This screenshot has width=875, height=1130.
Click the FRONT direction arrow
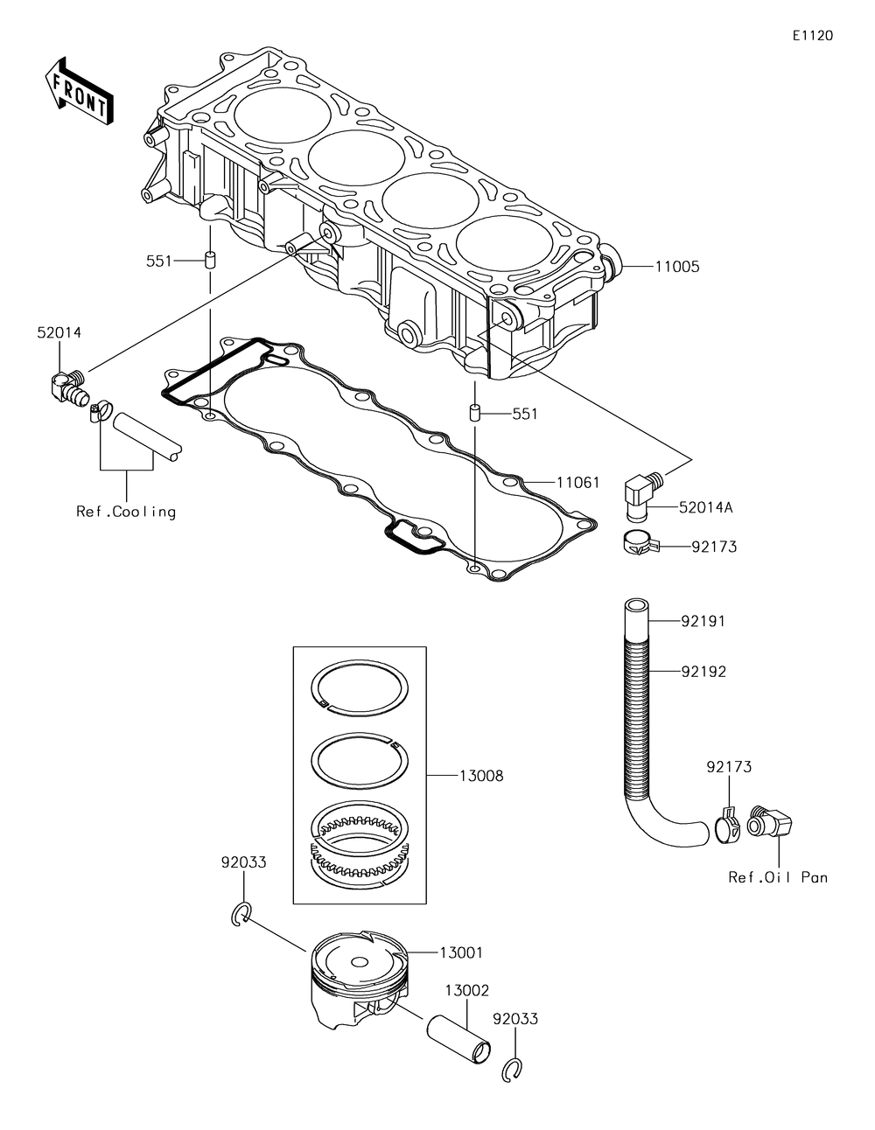click(x=77, y=92)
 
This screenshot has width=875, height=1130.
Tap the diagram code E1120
click(x=812, y=36)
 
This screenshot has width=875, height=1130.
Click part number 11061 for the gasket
click(x=576, y=481)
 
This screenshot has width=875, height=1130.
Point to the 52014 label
click(x=59, y=333)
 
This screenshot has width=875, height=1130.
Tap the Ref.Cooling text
click(x=126, y=512)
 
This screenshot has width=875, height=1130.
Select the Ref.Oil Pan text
click(x=778, y=877)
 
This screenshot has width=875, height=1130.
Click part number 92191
click(x=703, y=622)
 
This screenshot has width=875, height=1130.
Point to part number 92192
click(x=703, y=672)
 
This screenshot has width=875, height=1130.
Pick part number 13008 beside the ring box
click(x=481, y=776)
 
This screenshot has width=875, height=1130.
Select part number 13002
click(x=466, y=991)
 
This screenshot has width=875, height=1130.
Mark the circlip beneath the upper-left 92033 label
click(x=243, y=914)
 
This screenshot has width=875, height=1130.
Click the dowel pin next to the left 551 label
click(x=210, y=261)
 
